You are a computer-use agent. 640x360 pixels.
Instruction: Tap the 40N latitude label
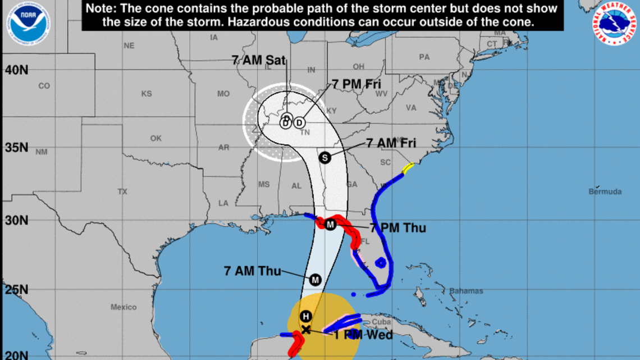pyautogui.click(x=17, y=70)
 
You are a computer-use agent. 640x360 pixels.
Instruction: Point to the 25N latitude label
pyautogui.click(x=17, y=290)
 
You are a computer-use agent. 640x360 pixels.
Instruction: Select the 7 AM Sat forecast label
pyautogui.click(x=255, y=60)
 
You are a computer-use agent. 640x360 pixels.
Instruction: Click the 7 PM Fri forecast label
pyautogui.click(x=356, y=84)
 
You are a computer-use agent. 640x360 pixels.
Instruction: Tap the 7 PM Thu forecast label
pyautogui.click(x=397, y=227)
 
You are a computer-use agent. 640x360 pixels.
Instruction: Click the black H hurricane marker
pyautogui.click(x=305, y=316)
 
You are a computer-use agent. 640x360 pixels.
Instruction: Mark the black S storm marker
pyautogui.click(x=324, y=158)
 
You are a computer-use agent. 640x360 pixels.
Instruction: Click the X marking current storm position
pyautogui.click(x=305, y=330)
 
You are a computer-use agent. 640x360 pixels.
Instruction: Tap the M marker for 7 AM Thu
pyautogui.click(x=315, y=279)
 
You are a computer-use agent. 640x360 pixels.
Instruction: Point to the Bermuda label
pyautogui.click(x=605, y=192)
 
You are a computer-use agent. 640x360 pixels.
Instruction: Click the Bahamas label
pyautogui.click(x=466, y=291)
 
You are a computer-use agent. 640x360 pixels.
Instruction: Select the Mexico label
pyautogui.click(x=124, y=307)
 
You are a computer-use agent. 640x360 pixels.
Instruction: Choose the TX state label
pyautogui.click(x=122, y=192)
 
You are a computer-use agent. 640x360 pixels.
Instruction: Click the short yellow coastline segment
pyautogui.click(x=408, y=167)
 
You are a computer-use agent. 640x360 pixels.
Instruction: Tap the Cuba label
pyautogui.click(x=381, y=322)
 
